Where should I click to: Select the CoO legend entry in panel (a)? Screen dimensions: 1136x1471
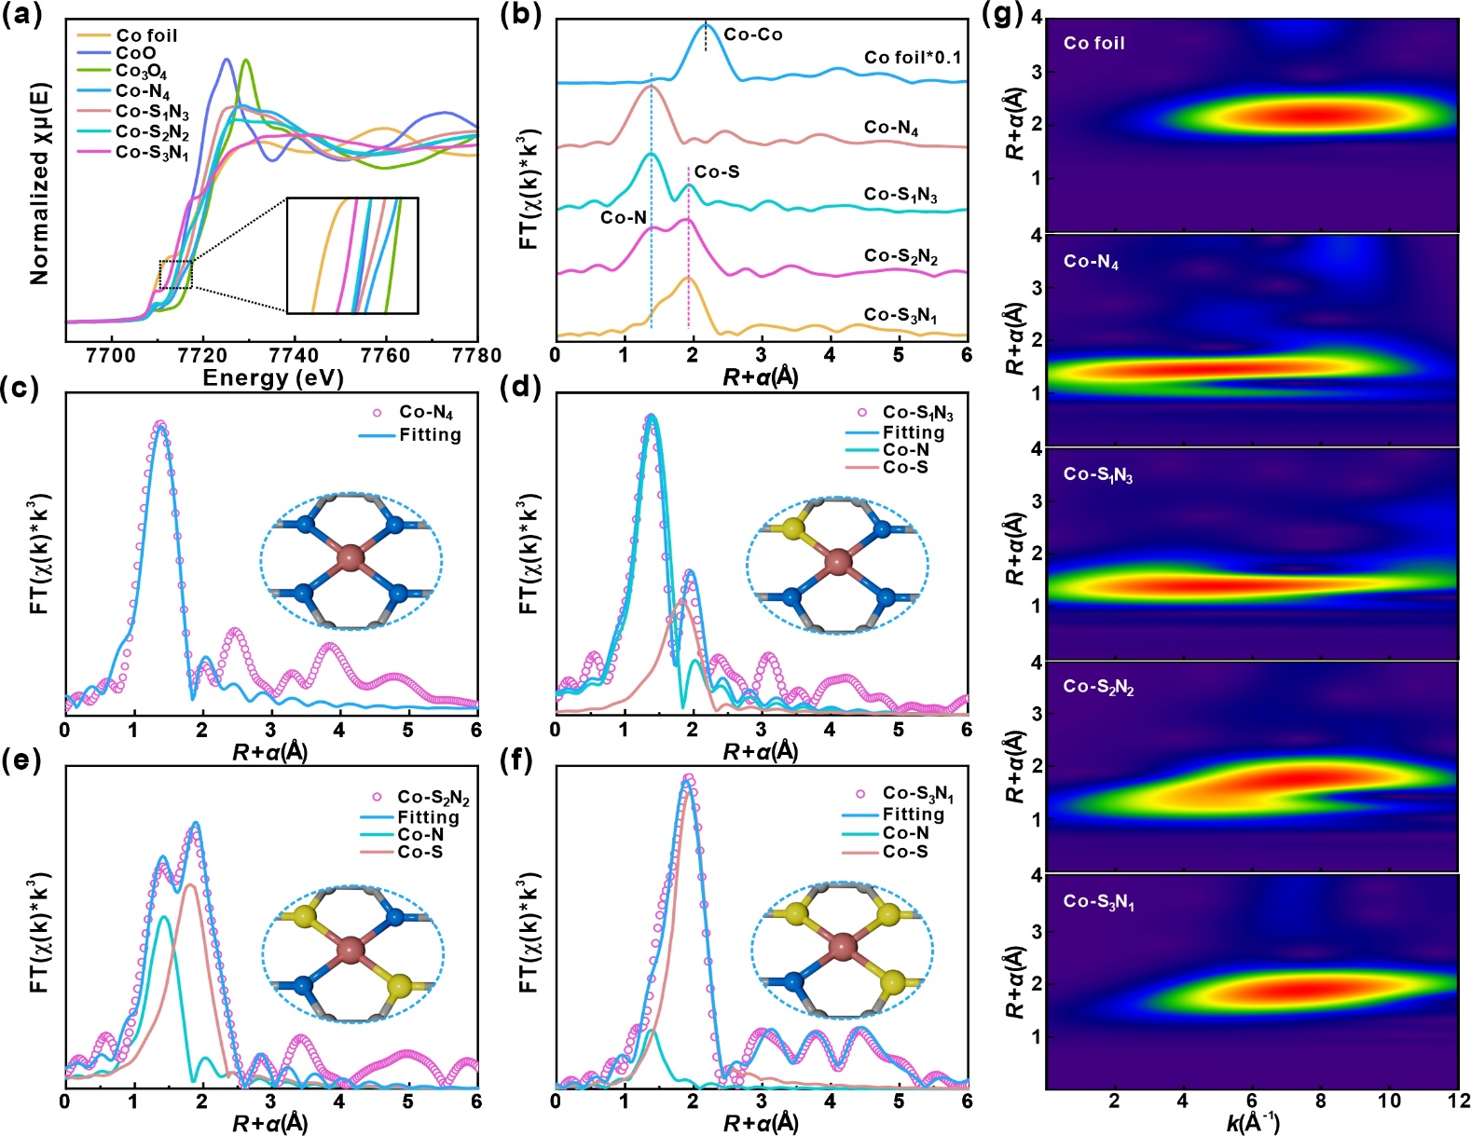(x=135, y=53)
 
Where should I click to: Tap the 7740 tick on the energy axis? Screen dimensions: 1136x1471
(x=293, y=355)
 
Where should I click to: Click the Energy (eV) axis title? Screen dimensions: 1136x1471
(x=272, y=378)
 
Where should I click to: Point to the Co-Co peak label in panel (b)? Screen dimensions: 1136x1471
(x=752, y=35)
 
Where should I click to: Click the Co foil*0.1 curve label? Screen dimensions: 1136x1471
(x=912, y=58)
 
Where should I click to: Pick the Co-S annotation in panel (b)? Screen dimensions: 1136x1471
(x=716, y=171)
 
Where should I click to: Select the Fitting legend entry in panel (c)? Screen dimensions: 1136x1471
(x=429, y=434)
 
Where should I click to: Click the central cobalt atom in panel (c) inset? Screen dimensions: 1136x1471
(x=350, y=559)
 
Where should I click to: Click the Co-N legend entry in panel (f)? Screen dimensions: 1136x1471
(x=905, y=833)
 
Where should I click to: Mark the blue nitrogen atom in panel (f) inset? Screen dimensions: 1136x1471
(x=793, y=981)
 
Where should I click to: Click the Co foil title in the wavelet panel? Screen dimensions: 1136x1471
(x=1093, y=43)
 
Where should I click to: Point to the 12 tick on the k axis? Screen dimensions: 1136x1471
(x=1457, y=1101)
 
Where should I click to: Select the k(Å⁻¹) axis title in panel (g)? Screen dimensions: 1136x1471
(x=1252, y=1123)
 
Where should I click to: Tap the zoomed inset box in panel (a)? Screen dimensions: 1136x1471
(x=352, y=255)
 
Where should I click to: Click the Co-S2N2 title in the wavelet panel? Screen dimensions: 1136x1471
(x=1098, y=688)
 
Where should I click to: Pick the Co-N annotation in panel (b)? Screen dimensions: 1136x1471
(x=623, y=218)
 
